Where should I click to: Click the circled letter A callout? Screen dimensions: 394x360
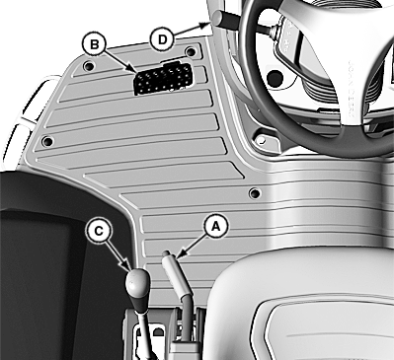coord(215,226)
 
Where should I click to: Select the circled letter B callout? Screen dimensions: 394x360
coord(94,43)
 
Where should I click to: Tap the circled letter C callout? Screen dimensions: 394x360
coord(99,231)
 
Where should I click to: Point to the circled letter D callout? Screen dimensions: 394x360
coord(162,39)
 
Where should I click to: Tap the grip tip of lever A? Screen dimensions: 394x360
coord(166,253)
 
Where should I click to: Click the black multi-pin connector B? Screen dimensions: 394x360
coord(164,78)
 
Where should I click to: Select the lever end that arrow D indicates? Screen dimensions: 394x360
coord(217,17)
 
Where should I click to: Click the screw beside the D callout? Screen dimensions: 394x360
coord(191,51)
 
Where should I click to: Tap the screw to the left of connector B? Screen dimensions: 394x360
coord(88,66)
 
